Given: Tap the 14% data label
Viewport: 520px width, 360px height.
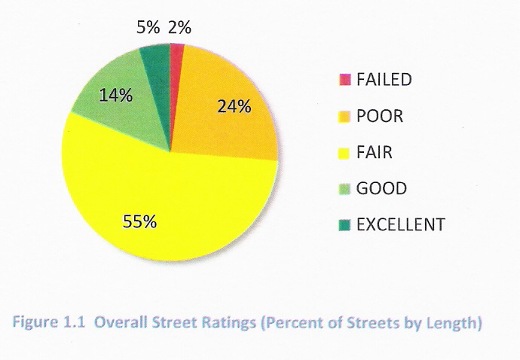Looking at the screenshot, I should point(116,96).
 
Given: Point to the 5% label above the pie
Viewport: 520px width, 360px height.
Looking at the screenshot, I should point(148,28).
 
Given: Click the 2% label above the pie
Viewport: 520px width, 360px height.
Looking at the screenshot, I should point(179,28).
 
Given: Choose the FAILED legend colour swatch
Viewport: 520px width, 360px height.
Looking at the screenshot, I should point(345,80).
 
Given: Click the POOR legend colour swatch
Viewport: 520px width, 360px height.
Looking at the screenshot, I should point(345,117).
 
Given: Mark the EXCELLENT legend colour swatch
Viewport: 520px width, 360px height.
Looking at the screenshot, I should point(345,225).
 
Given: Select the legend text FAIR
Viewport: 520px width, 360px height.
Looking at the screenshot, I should point(374,153).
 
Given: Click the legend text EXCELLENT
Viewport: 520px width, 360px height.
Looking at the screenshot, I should point(400,225).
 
